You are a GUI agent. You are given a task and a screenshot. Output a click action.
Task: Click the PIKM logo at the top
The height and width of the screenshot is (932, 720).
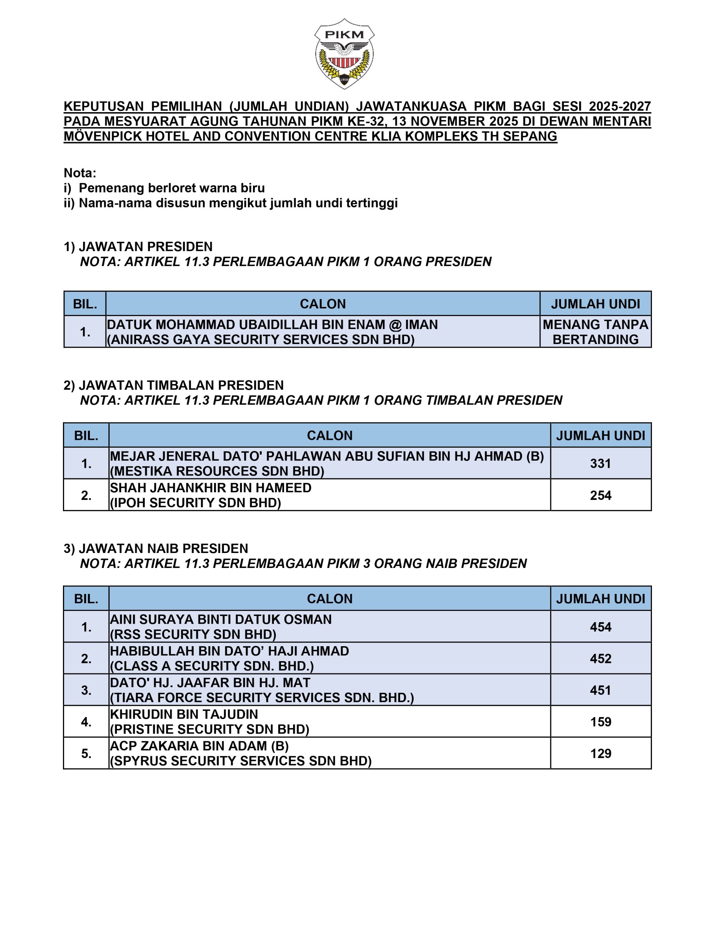click(344, 54)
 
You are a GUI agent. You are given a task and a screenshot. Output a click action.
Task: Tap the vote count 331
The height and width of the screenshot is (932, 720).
click(600, 463)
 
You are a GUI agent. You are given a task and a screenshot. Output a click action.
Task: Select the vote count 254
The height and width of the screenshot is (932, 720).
click(600, 495)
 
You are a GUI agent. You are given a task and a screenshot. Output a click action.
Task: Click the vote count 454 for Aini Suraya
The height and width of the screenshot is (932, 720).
click(600, 627)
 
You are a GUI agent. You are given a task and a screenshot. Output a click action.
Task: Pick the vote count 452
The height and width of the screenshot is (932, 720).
click(600, 659)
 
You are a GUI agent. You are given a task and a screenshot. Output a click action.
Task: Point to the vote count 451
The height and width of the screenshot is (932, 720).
click(600, 690)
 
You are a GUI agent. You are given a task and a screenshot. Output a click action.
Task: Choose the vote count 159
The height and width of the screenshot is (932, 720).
click(600, 722)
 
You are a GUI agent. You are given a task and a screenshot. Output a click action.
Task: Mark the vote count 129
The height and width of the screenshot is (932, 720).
click(600, 753)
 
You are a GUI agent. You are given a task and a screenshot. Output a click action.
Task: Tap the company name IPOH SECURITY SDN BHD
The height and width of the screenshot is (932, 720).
click(195, 503)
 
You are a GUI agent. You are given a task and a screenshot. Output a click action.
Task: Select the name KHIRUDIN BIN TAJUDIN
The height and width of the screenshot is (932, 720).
click(184, 714)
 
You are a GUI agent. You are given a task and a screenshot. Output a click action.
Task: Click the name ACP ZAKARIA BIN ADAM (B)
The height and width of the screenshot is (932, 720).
click(199, 746)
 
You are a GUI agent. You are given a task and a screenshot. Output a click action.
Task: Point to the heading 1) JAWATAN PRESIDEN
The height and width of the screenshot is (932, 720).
click(138, 247)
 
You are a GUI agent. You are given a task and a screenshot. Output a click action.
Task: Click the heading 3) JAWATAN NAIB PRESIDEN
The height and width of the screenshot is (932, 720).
click(156, 548)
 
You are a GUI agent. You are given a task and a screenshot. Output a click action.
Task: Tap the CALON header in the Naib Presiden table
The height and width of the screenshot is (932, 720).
click(329, 599)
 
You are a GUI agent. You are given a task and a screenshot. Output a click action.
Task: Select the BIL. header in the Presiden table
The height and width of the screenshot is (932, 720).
click(85, 304)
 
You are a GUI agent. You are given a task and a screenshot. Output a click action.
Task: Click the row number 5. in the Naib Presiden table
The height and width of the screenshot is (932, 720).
click(86, 754)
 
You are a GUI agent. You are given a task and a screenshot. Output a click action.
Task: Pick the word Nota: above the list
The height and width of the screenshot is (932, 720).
click(80, 173)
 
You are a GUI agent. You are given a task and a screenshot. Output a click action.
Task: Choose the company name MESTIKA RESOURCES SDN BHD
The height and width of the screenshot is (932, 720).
click(217, 471)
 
